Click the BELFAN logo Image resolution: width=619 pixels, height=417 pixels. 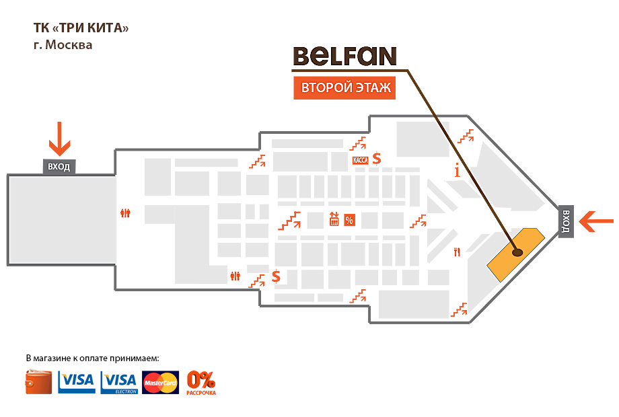[x=344, y=56]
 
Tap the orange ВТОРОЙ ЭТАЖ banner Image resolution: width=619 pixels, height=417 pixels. [x=344, y=87]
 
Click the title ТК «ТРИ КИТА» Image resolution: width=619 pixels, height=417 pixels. [x=81, y=28]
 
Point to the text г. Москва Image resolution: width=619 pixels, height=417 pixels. [x=63, y=45]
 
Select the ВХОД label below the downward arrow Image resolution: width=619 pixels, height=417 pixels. [x=59, y=167]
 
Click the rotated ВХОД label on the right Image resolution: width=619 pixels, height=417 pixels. [x=566, y=221]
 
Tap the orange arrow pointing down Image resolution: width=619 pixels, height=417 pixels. [x=59, y=139]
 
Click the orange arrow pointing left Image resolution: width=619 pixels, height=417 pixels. [x=596, y=221]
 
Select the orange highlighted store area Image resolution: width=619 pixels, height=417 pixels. [x=515, y=254]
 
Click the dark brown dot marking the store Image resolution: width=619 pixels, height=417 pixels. [x=517, y=252]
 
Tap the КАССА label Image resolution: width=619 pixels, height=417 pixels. [x=360, y=160]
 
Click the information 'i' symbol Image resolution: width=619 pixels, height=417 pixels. [x=457, y=170]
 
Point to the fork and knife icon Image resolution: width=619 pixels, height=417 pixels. [x=457, y=252]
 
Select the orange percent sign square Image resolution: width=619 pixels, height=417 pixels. [x=349, y=220]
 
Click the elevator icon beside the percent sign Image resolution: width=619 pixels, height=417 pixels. [x=334, y=219]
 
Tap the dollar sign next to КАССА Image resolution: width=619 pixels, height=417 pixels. [x=377, y=159]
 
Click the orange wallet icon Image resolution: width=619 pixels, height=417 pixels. [x=39, y=382]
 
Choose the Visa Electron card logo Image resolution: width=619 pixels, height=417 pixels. [x=119, y=383]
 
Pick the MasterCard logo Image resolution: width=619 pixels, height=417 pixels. [x=160, y=383]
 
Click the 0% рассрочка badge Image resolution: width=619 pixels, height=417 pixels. [x=201, y=383]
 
